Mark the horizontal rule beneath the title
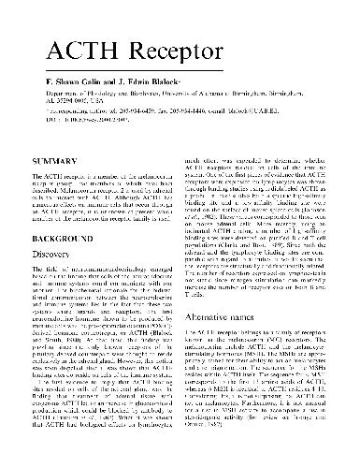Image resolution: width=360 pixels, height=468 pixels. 180,62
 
